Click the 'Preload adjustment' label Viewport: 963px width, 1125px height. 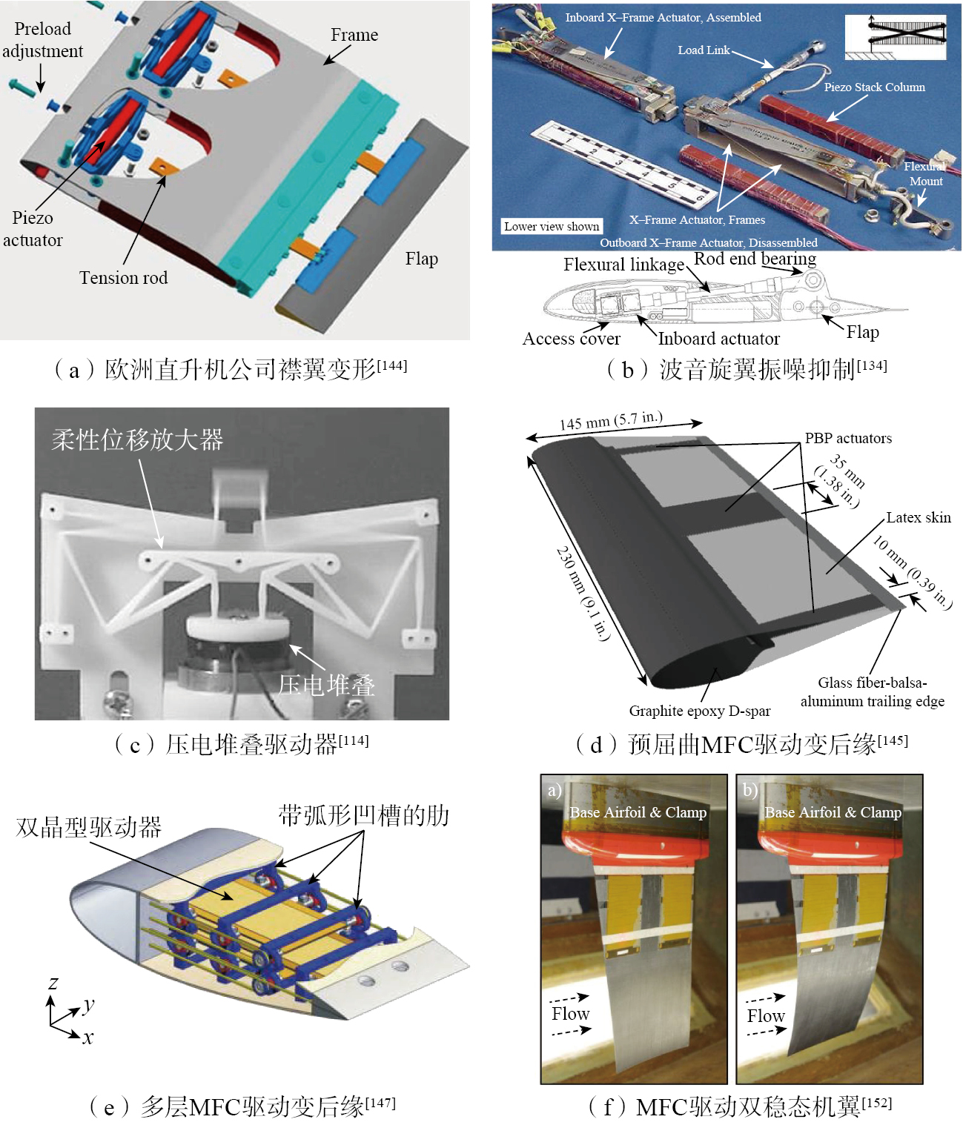42,40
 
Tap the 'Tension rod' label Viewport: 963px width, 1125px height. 124,278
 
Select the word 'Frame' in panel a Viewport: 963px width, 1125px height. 354,35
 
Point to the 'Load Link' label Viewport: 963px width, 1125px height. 704,50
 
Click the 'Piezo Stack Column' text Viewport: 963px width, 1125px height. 874,87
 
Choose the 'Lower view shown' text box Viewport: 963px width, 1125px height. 552,226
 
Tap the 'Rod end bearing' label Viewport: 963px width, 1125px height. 755,259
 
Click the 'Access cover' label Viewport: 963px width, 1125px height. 571,339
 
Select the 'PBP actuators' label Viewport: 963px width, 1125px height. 848,438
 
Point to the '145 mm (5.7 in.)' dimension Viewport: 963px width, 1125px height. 611,421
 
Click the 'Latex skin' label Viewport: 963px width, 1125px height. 919,517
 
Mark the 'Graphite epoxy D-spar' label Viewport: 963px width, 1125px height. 700,711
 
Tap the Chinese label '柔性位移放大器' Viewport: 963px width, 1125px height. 137,439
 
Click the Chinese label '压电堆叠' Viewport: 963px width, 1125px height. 326,685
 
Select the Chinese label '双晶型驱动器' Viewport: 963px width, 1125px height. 89,827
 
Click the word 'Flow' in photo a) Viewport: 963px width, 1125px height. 570,1013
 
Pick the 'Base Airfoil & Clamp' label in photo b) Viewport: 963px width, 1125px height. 833,812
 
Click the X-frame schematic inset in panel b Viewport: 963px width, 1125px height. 895,37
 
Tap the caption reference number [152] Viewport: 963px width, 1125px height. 876,1104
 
